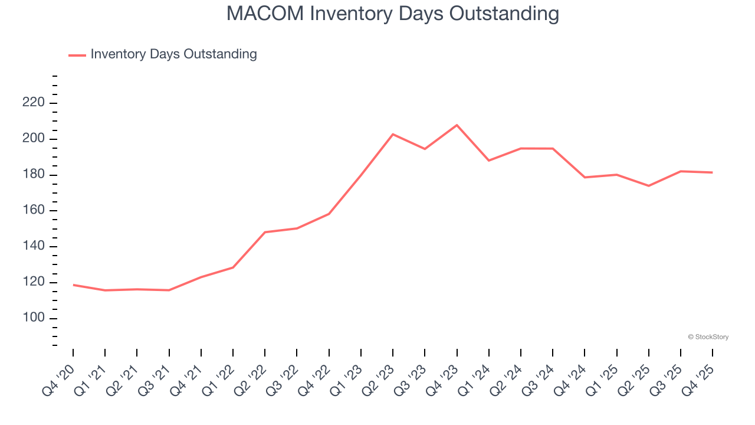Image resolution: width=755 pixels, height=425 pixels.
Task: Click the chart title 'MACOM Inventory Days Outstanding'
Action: pos(392,13)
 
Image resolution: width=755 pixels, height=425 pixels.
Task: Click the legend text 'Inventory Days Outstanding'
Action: pos(173,54)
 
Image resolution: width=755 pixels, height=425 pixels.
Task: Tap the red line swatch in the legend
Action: pos(77,55)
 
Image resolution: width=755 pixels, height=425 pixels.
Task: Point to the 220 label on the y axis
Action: pos(33,103)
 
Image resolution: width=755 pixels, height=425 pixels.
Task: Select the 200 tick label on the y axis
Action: pos(33,139)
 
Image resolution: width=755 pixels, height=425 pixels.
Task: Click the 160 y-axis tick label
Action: pos(33,211)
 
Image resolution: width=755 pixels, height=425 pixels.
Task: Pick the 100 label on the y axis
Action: pos(33,318)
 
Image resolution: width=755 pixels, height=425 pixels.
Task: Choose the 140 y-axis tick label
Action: pos(33,247)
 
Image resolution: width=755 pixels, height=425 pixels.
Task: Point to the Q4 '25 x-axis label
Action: pos(700,380)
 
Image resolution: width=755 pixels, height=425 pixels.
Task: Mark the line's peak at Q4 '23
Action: pos(457,125)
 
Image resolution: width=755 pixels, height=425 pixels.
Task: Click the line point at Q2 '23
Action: pos(393,135)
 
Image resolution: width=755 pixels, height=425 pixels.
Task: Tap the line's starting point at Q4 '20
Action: pos(74,285)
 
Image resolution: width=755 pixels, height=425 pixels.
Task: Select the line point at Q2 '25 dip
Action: pos(648,186)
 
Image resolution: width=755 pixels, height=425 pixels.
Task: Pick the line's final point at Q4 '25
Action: pos(712,172)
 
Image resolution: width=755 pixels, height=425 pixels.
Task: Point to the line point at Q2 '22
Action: pos(265,232)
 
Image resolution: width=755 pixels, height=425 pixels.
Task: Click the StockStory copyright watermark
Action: pos(708,337)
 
